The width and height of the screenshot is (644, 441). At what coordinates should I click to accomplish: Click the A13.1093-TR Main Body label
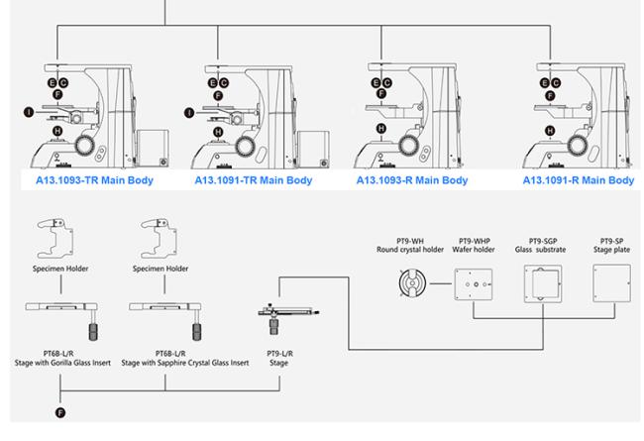pos(94,180)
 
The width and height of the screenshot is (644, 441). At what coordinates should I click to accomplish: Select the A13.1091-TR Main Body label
pos(254,180)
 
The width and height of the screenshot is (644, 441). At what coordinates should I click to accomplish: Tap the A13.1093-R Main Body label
pos(412,180)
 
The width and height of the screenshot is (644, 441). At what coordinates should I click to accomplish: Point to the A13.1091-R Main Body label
pos(579,180)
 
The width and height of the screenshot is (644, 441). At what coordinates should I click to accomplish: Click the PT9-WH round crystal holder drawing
pos(412,283)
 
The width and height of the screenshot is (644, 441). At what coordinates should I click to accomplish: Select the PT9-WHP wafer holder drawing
pos(474,284)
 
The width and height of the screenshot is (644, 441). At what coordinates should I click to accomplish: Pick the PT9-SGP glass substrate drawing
pos(543,283)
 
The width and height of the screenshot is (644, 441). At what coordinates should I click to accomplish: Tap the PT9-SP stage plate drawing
pos(611,283)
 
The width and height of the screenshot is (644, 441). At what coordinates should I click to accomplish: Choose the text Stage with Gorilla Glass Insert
pos(62,363)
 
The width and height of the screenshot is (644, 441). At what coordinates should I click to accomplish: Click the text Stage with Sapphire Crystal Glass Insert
pos(185,363)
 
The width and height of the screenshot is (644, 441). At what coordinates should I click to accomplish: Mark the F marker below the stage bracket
pos(60,412)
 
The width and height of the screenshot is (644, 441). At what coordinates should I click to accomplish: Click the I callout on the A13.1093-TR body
pos(29,112)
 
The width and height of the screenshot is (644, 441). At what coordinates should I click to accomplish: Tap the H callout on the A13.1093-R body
pos(381,129)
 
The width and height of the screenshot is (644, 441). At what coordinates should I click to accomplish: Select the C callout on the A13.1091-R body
pos(556,83)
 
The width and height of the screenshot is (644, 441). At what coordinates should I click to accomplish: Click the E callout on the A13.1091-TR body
pos(212,83)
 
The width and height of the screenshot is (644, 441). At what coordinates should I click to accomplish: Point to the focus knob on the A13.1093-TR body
pos(85,145)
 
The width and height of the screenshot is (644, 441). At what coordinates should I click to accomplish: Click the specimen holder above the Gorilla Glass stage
pos(55,238)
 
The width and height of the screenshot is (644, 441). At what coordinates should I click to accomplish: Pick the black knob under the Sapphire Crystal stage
pos(197,332)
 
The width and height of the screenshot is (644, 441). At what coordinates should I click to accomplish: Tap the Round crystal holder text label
pos(410,250)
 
